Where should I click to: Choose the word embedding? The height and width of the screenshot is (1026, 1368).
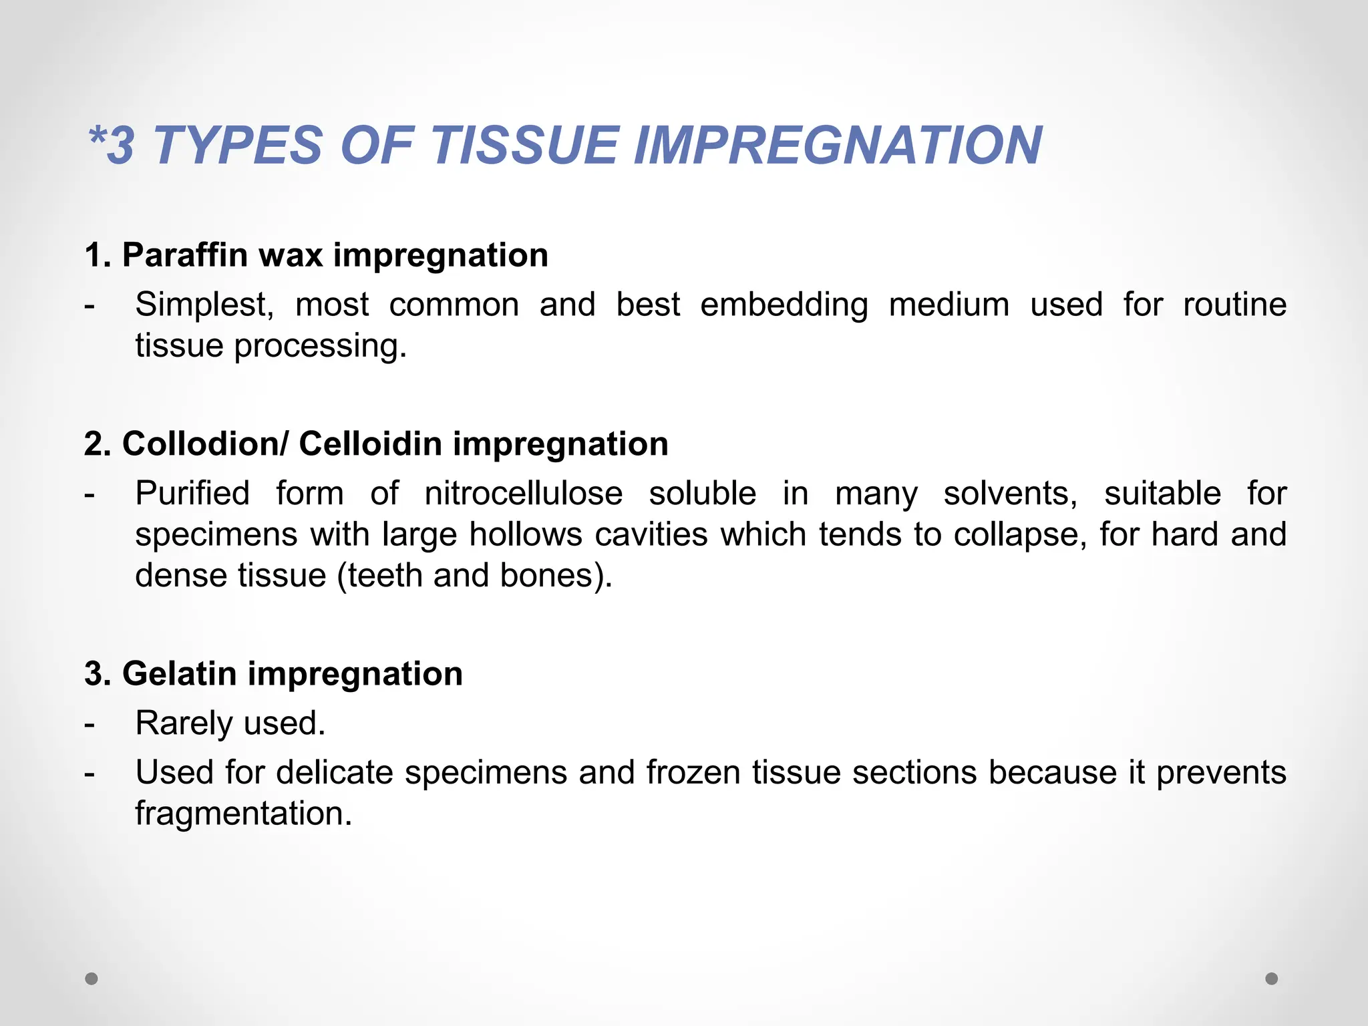click(x=784, y=305)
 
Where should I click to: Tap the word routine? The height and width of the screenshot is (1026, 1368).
click(x=1234, y=305)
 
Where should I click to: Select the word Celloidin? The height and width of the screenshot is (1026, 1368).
click(x=370, y=444)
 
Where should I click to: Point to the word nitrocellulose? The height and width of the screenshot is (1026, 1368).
click(x=523, y=494)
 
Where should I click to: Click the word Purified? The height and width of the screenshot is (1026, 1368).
click(x=192, y=494)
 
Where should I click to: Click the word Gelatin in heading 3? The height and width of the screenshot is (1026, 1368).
click(x=180, y=673)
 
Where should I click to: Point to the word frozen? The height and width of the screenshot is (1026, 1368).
click(x=693, y=773)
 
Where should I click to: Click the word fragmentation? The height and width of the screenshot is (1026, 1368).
click(x=243, y=814)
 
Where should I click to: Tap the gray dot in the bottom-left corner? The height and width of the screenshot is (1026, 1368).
click(x=92, y=979)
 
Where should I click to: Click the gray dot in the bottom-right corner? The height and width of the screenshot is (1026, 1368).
click(x=1272, y=979)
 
